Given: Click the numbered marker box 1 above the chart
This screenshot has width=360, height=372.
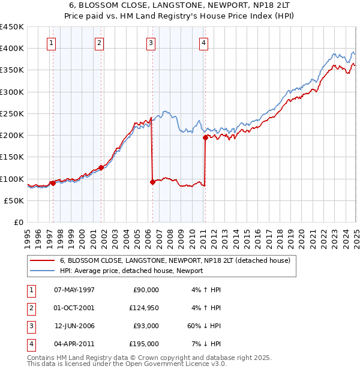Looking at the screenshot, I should [x=52, y=43].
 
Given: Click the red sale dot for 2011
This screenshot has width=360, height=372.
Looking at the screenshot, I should [x=205, y=137].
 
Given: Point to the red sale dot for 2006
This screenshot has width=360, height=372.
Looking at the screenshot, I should [x=152, y=182].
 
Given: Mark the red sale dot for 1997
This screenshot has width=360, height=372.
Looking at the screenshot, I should [x=53, y=183].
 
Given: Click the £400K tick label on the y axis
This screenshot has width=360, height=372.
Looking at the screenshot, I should [x=12, y=48].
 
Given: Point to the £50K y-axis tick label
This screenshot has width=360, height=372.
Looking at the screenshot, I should [x=14, y=200].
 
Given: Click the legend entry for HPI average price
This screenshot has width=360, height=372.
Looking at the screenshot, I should [x=131, y=271].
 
